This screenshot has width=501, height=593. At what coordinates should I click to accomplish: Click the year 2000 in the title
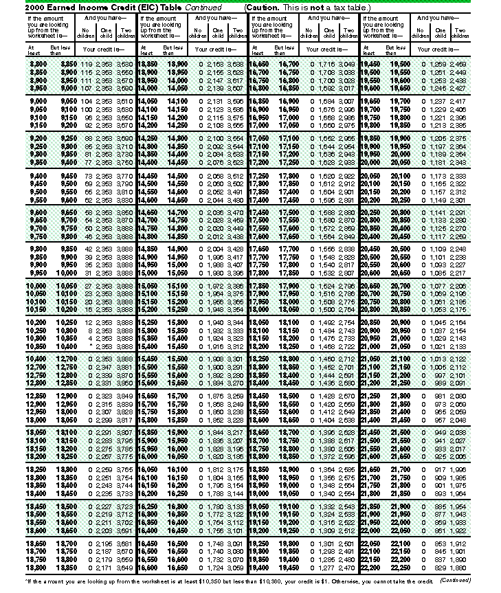pos(16,6)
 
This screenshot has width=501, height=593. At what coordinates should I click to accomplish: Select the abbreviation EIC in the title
pos(131,6)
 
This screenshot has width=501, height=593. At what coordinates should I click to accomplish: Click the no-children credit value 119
pos(86,63)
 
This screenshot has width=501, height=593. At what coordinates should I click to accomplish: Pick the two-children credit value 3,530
pos(124,63)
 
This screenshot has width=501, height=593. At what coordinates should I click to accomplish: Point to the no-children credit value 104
pos(86,101)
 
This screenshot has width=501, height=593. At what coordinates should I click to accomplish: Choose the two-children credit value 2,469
pos(458,63)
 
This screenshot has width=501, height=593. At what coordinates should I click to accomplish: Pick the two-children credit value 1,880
pos(458,569)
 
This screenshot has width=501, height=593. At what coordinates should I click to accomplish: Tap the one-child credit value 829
pos(440,569)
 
